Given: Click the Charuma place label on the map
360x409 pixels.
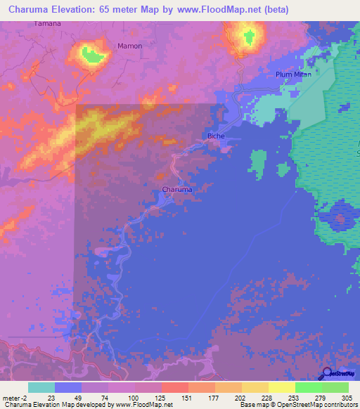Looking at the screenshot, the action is (x=177, y=190).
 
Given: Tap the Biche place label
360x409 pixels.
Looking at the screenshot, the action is (x=215, y=136).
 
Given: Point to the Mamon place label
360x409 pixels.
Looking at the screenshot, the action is (x=129, y=46).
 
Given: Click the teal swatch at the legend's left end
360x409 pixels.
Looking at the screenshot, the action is (x=41, y=387).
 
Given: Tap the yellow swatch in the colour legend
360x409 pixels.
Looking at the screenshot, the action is (x=281, y=387).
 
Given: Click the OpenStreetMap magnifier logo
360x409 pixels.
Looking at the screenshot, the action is (x=325, y=375).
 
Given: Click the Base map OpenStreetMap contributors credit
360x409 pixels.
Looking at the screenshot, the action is (x=297, y=405).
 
